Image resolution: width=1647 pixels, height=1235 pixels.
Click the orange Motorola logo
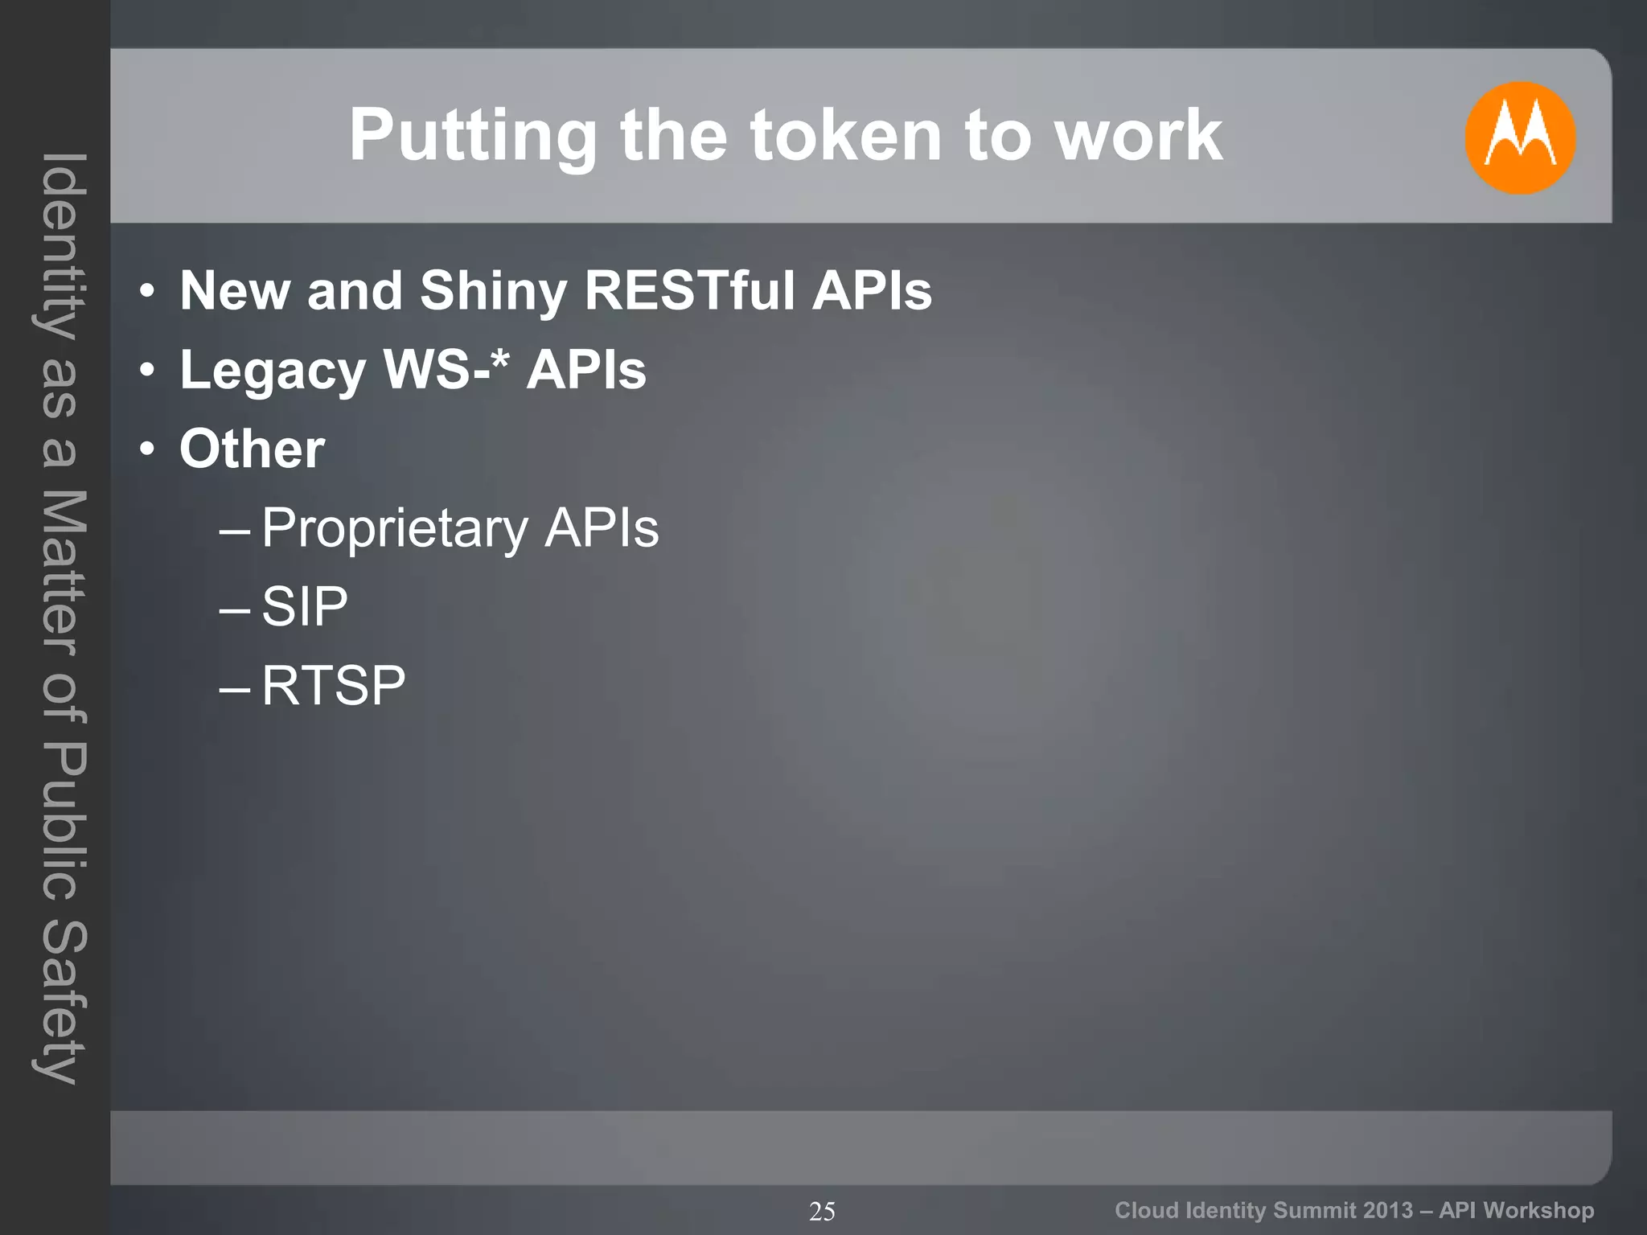[1519, 137]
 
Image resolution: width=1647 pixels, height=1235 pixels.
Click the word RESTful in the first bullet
[689, 290]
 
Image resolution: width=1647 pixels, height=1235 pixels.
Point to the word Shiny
[493, 292]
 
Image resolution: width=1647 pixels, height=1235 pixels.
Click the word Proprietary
[395, 529]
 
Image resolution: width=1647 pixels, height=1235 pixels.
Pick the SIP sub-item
[305, 606]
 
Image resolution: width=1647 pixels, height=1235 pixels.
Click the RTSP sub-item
[333, 686]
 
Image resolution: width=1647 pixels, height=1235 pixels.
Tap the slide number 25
[822, 1211]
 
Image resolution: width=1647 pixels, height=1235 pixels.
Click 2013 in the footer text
[1388, 1210]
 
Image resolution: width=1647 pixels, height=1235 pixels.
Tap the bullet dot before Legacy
[146, 371]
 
